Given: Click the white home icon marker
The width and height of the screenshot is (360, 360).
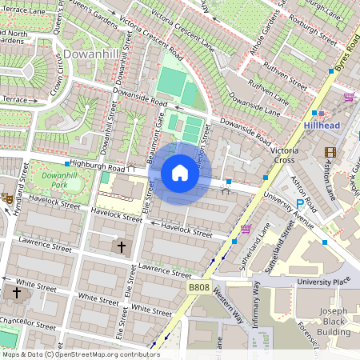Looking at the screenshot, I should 180,173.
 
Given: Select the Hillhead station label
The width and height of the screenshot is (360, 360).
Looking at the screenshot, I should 324,126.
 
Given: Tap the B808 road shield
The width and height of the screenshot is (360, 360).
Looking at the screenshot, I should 199,287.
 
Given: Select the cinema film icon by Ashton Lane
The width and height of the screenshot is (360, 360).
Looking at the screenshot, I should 330,152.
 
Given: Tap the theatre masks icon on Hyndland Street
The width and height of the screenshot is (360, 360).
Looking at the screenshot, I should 7,198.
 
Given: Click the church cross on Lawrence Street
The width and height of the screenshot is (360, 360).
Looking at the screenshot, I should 122,247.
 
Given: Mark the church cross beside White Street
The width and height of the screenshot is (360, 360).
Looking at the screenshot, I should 15,293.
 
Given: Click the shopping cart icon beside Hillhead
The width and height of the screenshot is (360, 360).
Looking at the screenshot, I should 348,98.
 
